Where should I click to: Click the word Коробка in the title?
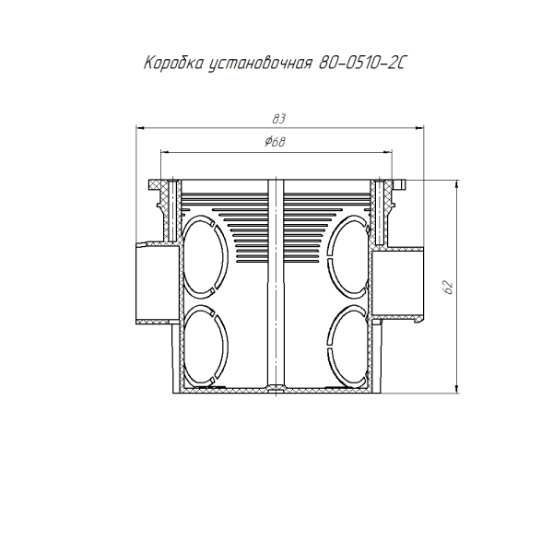[174, 64]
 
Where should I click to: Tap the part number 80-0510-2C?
[361, 64]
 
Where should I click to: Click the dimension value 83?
[278, 119]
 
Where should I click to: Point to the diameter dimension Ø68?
[275, 142]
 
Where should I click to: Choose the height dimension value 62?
[448, 288]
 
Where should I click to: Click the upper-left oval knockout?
[206, 257]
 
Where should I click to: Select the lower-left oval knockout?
[206, 346]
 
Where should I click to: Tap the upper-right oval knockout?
[348, 257]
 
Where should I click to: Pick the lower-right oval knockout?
[348, 346]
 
